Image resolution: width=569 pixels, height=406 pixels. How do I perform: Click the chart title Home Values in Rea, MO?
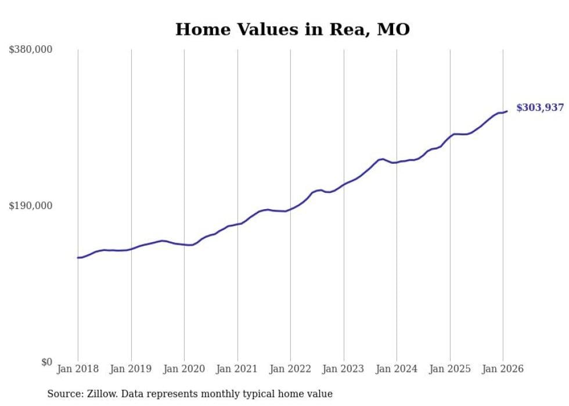(x=292, y=30)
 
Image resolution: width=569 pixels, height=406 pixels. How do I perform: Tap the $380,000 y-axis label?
(x=30, y=49)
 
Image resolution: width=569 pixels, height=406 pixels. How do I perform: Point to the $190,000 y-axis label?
(x=30, y=206)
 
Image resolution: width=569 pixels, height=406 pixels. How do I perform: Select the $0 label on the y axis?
(x=47, y=362)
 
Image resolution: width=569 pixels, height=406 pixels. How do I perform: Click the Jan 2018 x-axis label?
(x=78, y=369)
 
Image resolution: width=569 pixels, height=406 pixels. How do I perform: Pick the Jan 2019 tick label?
(x=131, y=369)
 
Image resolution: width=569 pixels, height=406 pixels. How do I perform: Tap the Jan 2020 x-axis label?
(x=184, y=369)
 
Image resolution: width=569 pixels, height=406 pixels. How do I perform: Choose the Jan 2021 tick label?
(x=237, y=369)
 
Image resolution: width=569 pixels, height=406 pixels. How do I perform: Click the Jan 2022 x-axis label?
(x=290, y=369)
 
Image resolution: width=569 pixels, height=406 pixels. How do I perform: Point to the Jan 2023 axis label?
(x=344, y=369)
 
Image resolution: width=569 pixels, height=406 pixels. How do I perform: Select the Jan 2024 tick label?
(x=397, y=369)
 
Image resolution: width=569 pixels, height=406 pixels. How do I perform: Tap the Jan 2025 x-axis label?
(x=450, y=369)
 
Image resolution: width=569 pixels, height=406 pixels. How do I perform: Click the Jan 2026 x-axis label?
(x=503, y=369)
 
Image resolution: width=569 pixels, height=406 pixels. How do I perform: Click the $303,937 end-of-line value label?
(x=540, y=107)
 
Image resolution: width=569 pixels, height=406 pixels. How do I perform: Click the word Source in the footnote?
(x=63, y=394)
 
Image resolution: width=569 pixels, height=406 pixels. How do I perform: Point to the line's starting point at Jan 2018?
(x=78, y=257)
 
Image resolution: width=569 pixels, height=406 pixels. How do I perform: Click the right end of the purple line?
(x=507, y=111)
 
